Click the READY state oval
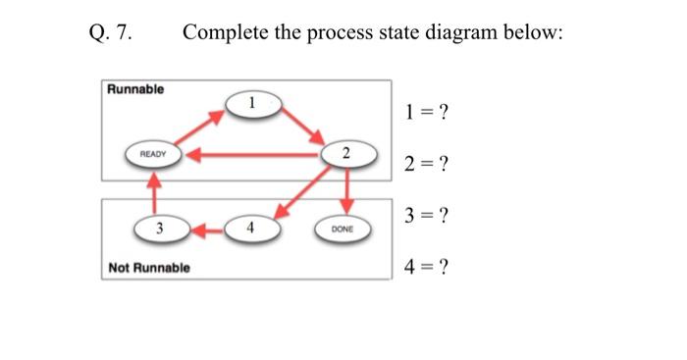(153, 154)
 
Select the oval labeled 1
(252, 102)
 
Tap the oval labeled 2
(345, 154)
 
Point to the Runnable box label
(135, 89)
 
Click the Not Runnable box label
(149, 267)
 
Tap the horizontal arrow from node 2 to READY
(255, 154)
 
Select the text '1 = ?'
(426, 112)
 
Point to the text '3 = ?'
(426, 215)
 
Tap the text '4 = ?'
(426, 266)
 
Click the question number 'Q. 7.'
(110, 33)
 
